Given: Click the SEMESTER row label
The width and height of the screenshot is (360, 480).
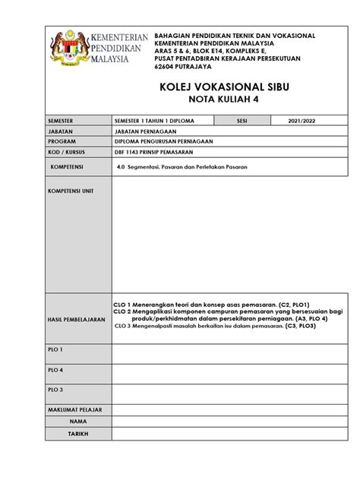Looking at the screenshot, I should coord(64,121).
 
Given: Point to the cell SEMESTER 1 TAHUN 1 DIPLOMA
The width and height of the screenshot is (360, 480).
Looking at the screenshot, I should coord(152,121).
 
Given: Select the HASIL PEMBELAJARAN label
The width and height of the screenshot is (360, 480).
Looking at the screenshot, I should coord(76,320).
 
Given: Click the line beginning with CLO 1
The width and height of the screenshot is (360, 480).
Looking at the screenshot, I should coord(205,303).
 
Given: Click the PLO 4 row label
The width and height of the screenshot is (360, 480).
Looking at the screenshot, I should coord(56,370).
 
